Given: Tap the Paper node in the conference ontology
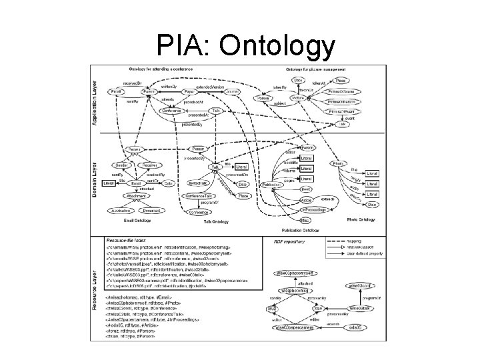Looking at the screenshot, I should click(189, 92).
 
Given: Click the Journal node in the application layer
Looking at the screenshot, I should click(231, 92).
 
